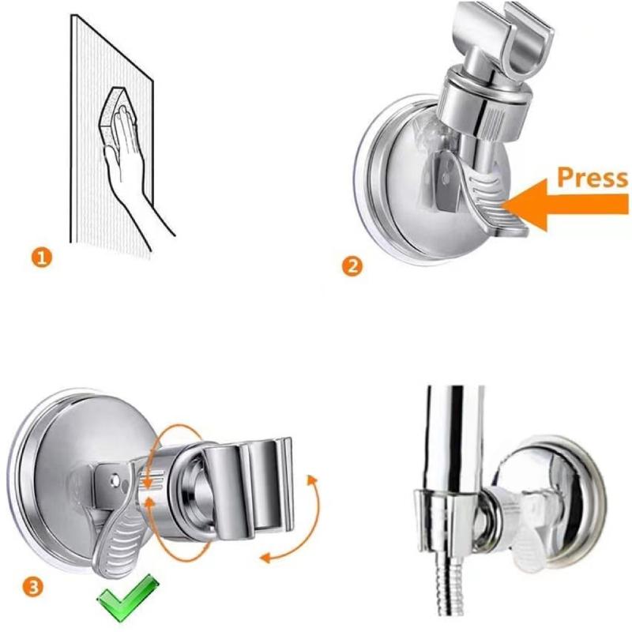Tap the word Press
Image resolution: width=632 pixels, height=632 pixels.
coord(592,178)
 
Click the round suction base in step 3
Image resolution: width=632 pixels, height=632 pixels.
coord(63,458)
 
